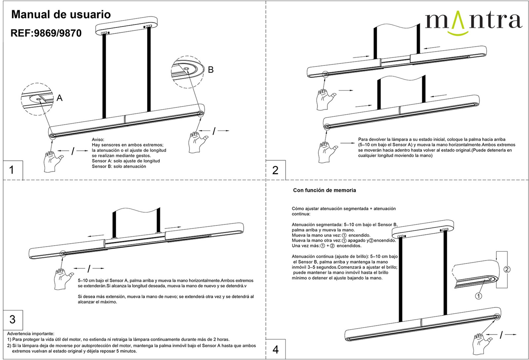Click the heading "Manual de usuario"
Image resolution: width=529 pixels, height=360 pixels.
pyautogui.click(x=61, y=15)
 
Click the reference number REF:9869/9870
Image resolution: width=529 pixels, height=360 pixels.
pyautogui.click(x=46, y=33)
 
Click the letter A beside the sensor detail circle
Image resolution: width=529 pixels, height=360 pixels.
pyautogui.click(x=60, y=98)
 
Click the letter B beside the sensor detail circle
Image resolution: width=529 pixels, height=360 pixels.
pyautogui.click(x=211, y=70)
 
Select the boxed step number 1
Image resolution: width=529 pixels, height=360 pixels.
pyautogui.click(x=12, y=170)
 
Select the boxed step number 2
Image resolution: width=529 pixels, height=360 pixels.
pyautogui.click(x=275, y=170)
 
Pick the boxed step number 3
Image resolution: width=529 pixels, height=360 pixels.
pyautogui.click(x=12, y=319)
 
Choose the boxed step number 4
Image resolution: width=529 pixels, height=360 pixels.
pyautogui.click(x=276, y=350)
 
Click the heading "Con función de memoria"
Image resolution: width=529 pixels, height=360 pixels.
pyautogui.click(x=324, y=190)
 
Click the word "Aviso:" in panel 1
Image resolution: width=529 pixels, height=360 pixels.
pyautogui.click(x=98, y=140)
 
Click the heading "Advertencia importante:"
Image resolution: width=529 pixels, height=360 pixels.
pyautogui.click(x=31, y=334)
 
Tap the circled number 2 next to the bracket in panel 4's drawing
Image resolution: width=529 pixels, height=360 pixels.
pyautogui.click(x=507, y=269)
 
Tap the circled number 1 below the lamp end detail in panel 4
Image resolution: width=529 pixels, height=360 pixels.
pyautogui.click(x=479, y=296)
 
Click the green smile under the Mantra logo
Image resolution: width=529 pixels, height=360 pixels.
pyautogui.click(x=457, y=33)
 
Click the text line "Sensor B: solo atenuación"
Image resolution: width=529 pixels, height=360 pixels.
pyautogui.click(x=119, y=166)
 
